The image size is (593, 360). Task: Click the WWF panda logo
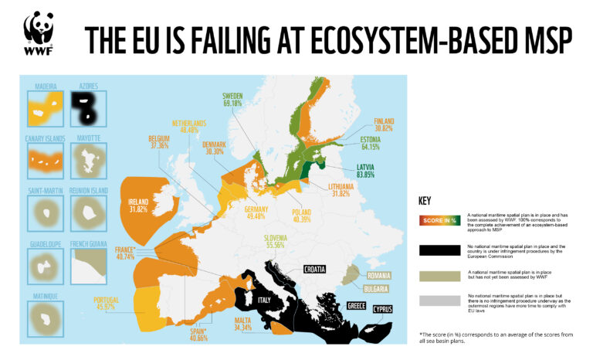pos(39,33)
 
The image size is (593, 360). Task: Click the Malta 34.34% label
pos(246,324)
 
